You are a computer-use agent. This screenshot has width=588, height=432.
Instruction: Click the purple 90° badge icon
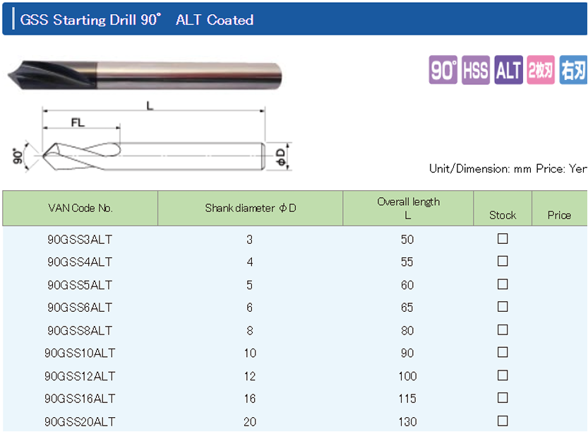tap(443, 70)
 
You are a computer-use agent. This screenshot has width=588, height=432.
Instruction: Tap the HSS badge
tap(476, 70)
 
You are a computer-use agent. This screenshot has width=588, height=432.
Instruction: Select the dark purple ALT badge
tap(508, 70)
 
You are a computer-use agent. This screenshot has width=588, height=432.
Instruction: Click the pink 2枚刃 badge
tap(541, 70)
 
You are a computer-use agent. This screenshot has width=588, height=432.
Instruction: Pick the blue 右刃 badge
tap(573, 70)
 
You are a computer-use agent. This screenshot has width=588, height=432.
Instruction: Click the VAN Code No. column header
tap(80, 208)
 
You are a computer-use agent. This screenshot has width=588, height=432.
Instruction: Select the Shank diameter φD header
tap(251, 208)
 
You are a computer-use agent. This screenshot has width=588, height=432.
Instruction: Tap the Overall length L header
tap(409, 208)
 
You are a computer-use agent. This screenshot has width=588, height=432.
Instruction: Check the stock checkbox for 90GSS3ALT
tap(503, 238)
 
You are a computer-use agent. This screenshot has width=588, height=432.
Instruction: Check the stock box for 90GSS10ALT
tap(503, 352)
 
